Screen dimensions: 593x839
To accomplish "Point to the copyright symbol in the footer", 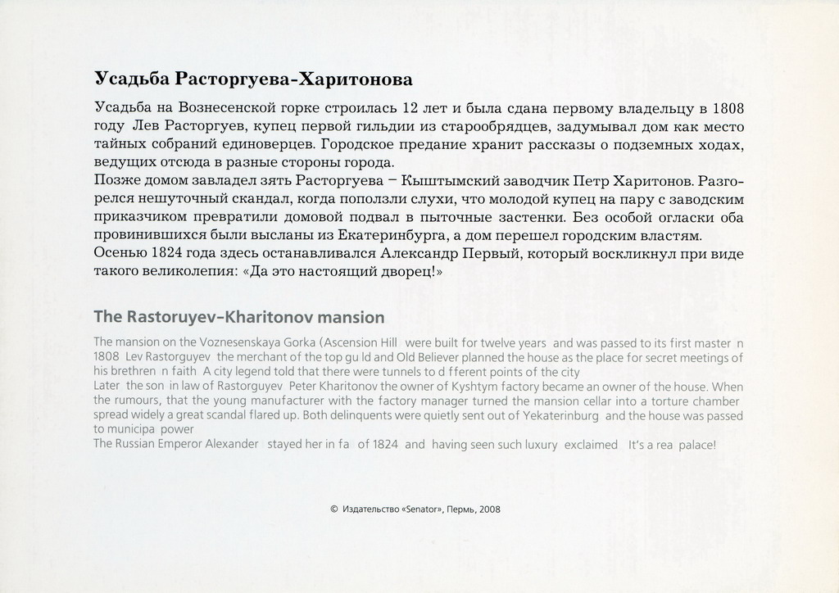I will [334, 509].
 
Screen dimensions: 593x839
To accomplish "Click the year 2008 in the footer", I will [490, 509].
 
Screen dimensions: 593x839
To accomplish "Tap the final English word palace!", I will [698, 445].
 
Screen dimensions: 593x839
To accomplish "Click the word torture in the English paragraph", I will [666, 401].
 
